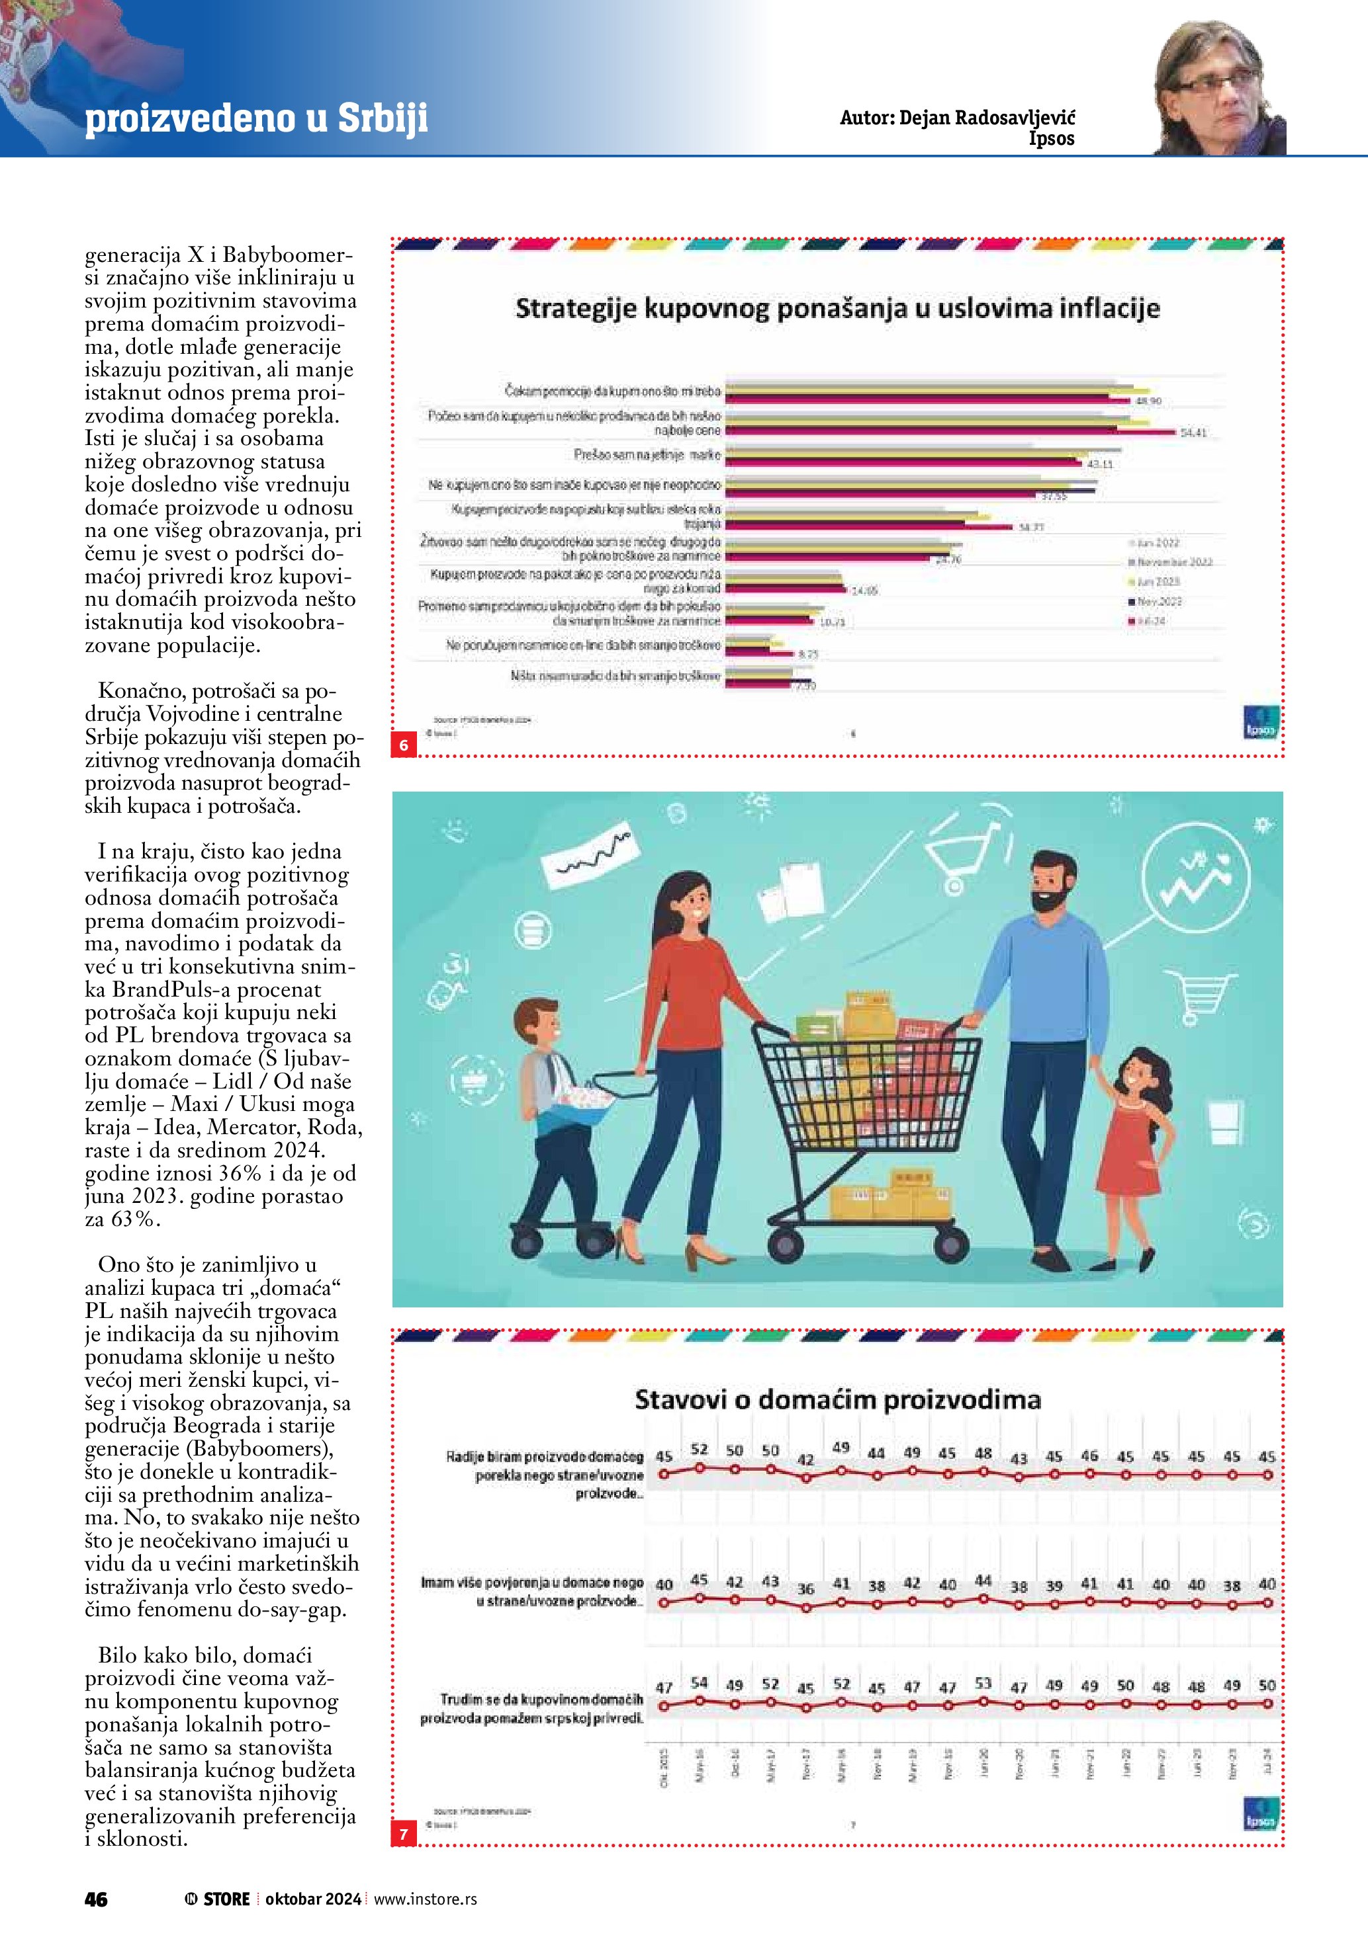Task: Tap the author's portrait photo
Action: coord(1220,89)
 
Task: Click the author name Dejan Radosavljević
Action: coord(957,118)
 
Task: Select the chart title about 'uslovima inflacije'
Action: coord(837,308)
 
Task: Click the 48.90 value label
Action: coord(1148,401)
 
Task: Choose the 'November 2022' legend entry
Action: coord(1174,561)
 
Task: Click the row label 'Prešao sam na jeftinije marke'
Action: coord(647,454)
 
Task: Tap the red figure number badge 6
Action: coord(404,745)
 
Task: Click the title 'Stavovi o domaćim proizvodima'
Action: coord(837,1400)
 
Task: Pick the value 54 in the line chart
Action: coord(698,1682)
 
